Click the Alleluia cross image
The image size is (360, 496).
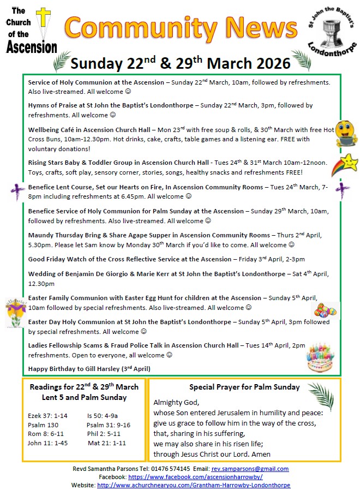pyautogui.click(x=15, y=312)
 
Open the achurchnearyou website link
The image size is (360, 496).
pyautogui.click(x=194, y=485)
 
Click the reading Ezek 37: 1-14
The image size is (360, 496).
pyautogui.click(x=47, y=416)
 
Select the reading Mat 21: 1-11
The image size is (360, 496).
pyautogui.click(x=106, y=443)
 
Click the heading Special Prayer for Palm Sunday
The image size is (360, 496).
pyautogui.click(x=244, y=387)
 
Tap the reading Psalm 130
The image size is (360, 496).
pyautogui.click(x=43, y=425)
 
